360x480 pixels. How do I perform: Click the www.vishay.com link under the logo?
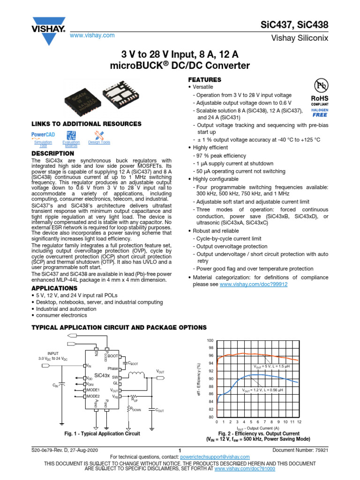[92, 36]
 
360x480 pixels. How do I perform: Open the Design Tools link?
[99, 142]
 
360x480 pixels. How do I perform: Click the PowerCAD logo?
[43, 134]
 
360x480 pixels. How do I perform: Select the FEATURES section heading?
[204, 80]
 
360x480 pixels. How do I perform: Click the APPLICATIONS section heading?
[54, 288]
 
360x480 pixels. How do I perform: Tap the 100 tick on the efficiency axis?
[210, 340]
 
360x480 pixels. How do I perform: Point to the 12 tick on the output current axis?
[299, 422]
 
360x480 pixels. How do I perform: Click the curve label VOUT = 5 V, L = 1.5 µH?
[272, 367]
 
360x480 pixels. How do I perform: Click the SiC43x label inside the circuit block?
[102, 375]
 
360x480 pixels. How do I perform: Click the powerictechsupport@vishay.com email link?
[217, 457]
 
